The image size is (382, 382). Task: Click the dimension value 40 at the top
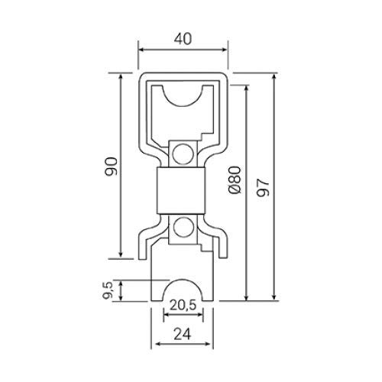tap(183, 39)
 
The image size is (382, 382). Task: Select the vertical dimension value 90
tap(111, 167)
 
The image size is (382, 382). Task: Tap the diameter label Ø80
tap(235, 180)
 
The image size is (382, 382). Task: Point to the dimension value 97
tap(263, 187)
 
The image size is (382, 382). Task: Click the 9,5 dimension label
tap(108, 290)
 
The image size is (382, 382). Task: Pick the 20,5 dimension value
tap(183, 305)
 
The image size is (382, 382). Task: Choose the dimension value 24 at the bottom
tap(183, 334)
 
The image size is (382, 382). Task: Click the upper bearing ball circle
tap(183, 154)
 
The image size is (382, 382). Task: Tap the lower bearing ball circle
tap(183, 227)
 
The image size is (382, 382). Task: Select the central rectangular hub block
tap(181, 190)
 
